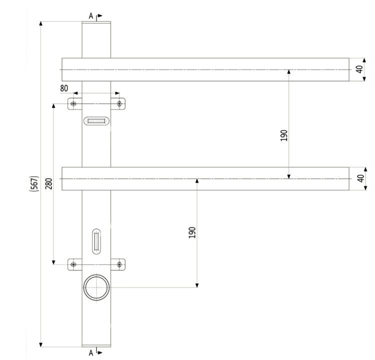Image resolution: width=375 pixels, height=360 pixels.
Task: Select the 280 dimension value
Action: tap(49, 184)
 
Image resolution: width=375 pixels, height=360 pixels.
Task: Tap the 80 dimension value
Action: tap(64, 88)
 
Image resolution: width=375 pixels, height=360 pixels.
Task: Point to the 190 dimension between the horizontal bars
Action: tap(284, 136)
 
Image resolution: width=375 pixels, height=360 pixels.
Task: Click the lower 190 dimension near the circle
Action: tap(192, 232)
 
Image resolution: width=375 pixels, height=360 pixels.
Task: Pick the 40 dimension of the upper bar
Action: tap(359, 69)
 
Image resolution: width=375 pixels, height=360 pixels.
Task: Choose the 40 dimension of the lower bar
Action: tap(359, 178)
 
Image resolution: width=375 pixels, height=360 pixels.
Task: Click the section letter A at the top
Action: tap(91, 16)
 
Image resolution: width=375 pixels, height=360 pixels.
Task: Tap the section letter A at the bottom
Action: tap(91, 352)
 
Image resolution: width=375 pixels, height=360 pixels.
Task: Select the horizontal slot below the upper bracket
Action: tap(96, 121)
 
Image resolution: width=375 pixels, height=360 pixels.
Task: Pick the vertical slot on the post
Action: tap(96, 240)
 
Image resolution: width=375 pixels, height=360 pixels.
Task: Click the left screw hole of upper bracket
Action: tap(74, 104)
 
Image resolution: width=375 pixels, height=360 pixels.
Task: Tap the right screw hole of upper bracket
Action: tap(119, 104)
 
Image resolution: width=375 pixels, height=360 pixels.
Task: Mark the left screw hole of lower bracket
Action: tap(74, 264)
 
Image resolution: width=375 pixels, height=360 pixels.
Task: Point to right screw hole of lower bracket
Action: tap(119, 264)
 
